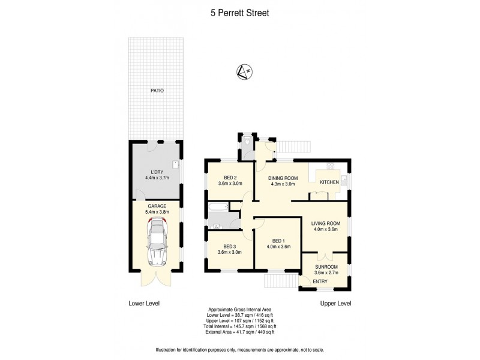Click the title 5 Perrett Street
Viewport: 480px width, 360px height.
[x=240, y=11]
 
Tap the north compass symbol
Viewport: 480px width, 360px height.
[x=244, y=72]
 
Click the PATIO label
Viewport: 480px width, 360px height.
[x=157, y=91]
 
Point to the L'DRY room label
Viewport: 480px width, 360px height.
[x=157, y=173]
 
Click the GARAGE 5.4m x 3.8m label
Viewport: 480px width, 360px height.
[x=157, y=208]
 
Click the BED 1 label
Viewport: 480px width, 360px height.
[x=278, y=243]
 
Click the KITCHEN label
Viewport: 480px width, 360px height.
[x=329, y=182]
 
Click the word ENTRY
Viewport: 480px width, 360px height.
[x=320, y=281]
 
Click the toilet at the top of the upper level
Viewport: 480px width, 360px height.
[x=247, y=142]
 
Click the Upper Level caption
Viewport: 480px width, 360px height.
[x=335, y=303]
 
